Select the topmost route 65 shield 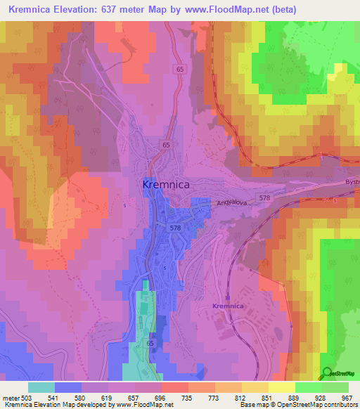click(180, 70)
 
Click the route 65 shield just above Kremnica click(166, 145)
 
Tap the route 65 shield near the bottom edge click(150, 343)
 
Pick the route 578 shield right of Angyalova click(264, 199)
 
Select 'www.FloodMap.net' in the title click(230, 10)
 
